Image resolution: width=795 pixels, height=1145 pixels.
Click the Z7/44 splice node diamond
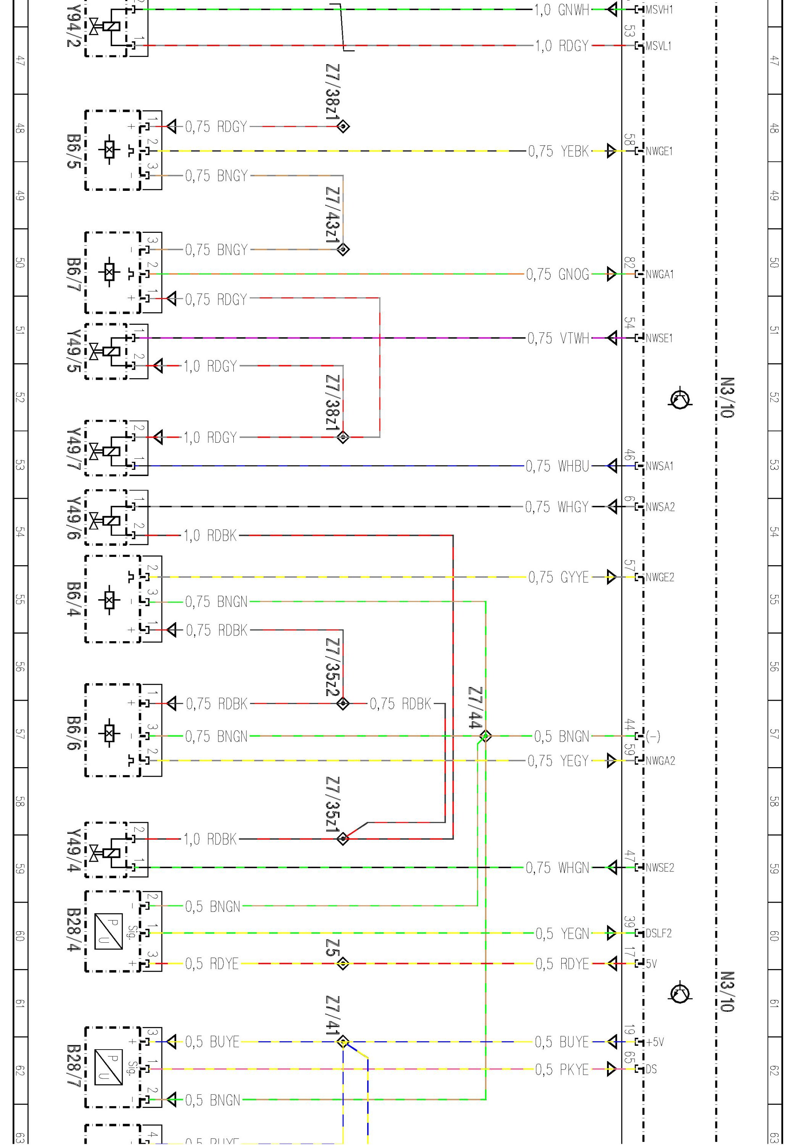coord(486,736)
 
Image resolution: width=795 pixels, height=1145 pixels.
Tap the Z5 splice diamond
coord(343,964)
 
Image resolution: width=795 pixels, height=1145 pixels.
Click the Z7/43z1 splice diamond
coord(343,249)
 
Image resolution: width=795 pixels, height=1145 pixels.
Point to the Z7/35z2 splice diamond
coord(343,703)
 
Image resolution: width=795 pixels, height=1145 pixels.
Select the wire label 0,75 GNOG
coord(557,274)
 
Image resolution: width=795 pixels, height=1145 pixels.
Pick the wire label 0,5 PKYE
coord(562,1069)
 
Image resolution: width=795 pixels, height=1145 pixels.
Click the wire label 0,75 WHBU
coord(557,466)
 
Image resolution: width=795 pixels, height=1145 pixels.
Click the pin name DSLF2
coord(658,933)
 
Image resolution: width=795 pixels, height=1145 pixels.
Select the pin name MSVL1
coord(658,46)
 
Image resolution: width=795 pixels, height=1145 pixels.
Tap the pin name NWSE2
coord(660,868)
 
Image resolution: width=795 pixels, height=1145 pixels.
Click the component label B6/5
coord(73,150)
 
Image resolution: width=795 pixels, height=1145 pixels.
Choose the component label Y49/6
coord(73,518)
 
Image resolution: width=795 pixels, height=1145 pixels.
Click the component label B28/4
coord(73,930)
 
